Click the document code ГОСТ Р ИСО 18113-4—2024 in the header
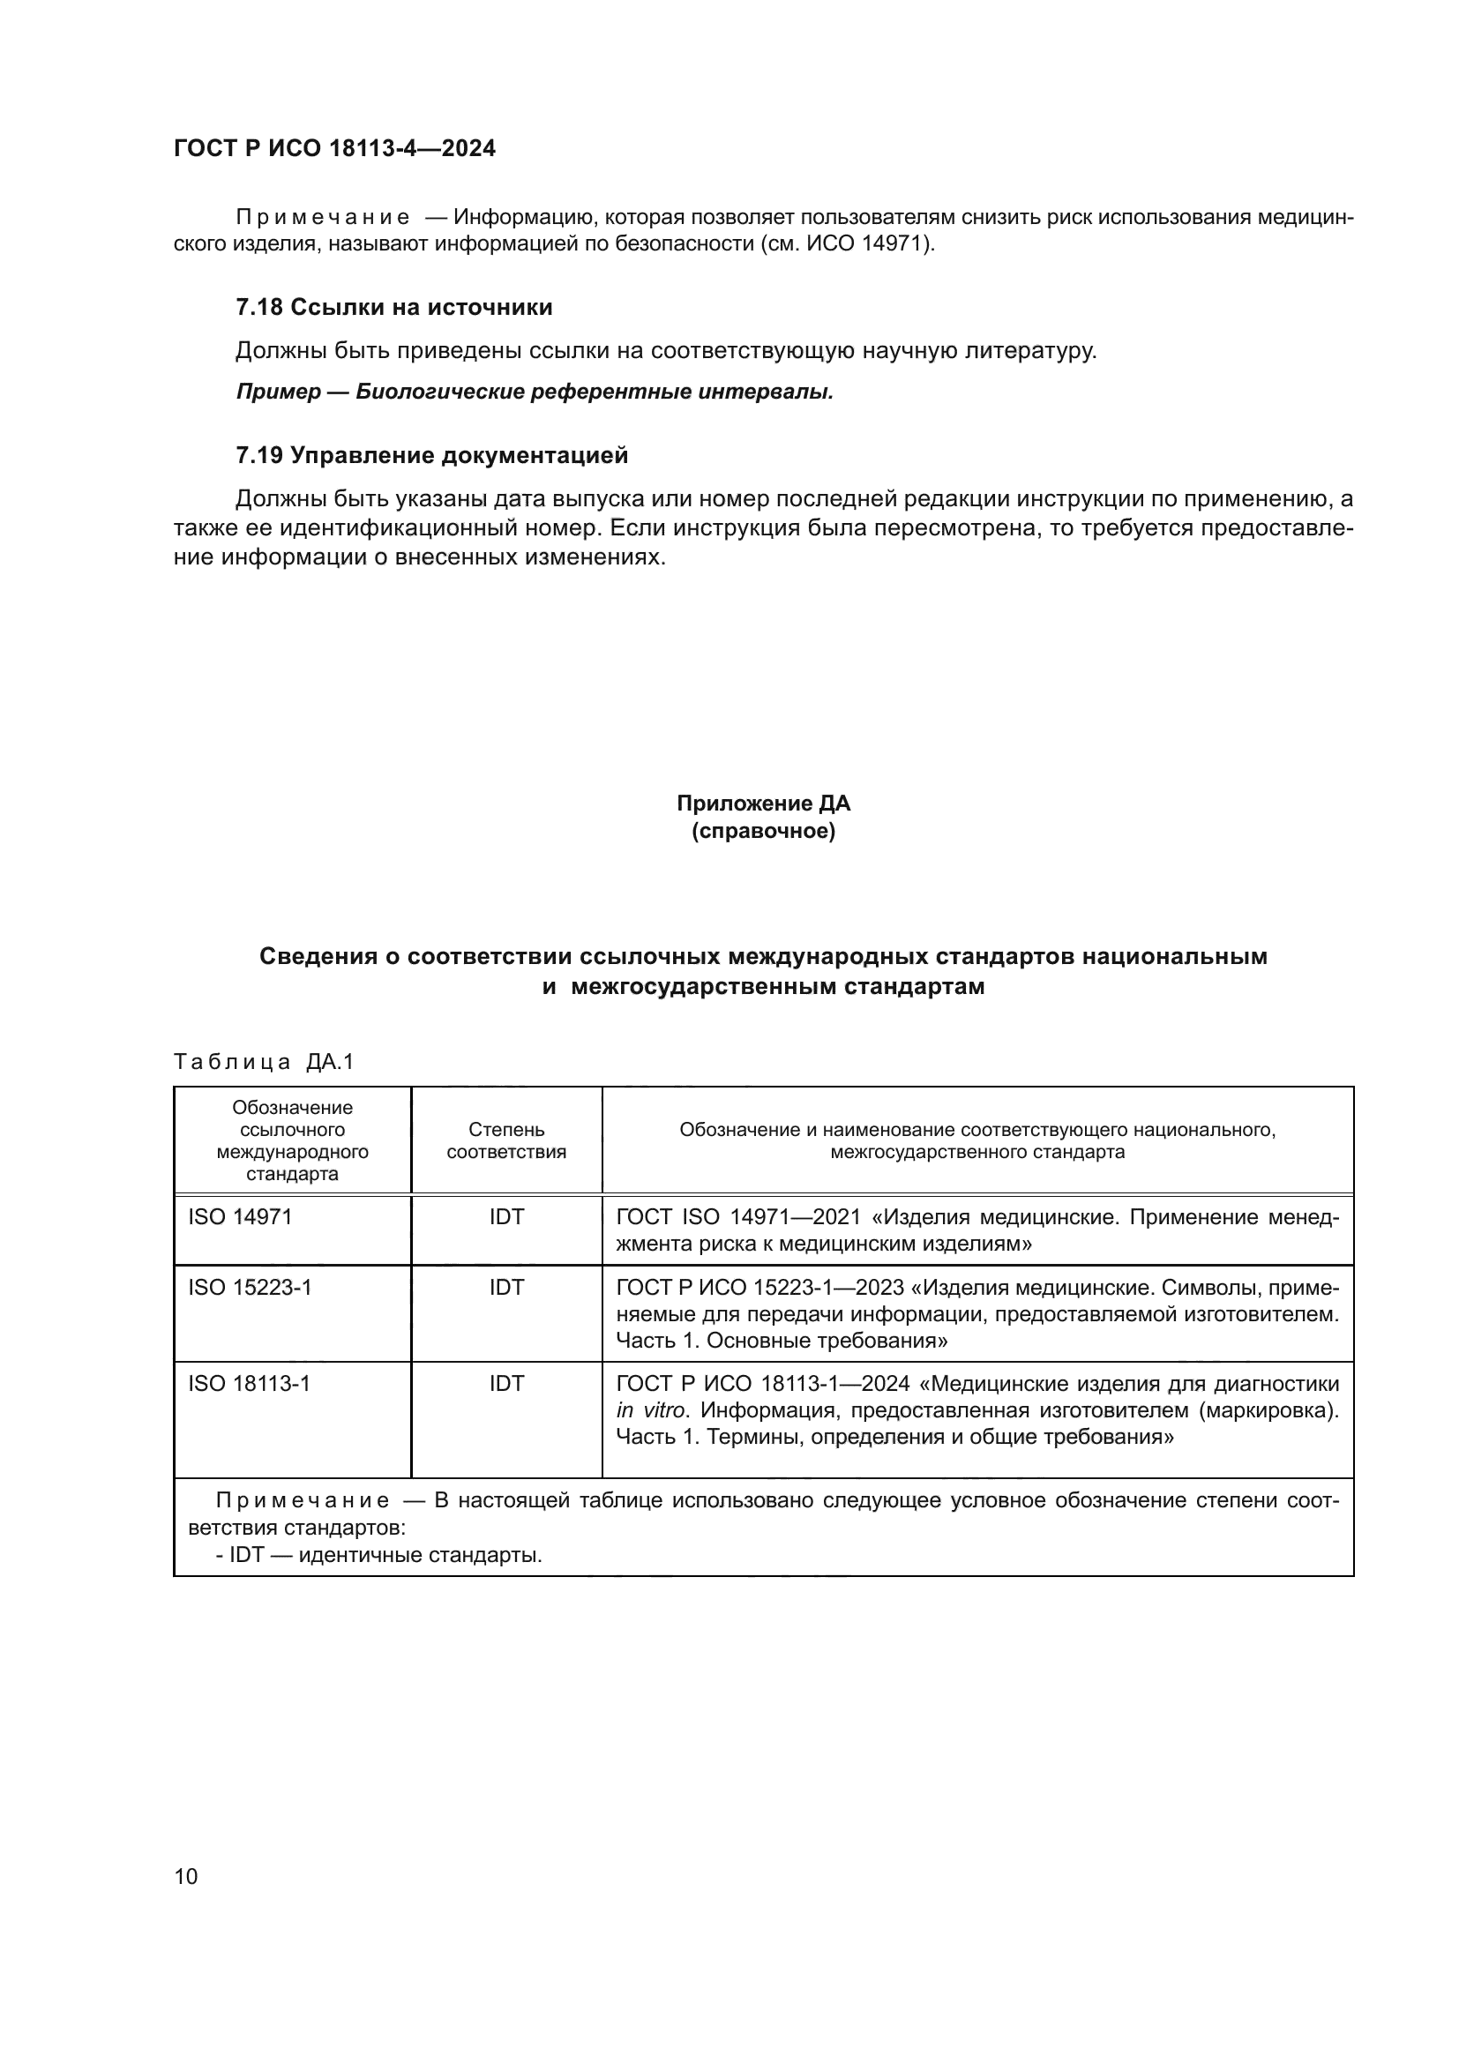click(x=334, y=148)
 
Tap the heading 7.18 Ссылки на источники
click(x=393, y=307)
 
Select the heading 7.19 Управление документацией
click(x=431, y=455)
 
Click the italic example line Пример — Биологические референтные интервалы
click(x=535, y=392)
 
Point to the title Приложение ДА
click(x=763, y=803)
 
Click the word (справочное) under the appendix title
click(x=763, y=831)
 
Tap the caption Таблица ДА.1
click(x=264, y=1062)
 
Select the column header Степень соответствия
click(x=505, y=1140)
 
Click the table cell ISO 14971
click(x=240, y=1216)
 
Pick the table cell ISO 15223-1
click(x=250, y=1288)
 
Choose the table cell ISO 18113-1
click(x=249, y=1384)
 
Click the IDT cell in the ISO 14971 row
click(x=505, y=1216)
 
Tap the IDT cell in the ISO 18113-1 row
click(x=505, y=1384)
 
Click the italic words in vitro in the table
click(x=650, y=1410)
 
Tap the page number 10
click(x=186, y=1876)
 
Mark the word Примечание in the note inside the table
click(x=303, y=1500)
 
